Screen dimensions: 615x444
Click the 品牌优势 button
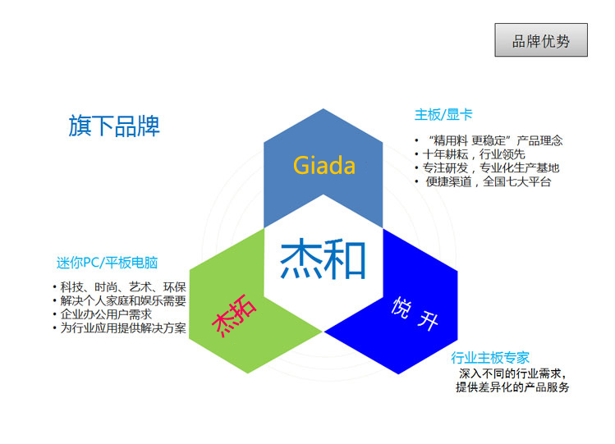[541, 40]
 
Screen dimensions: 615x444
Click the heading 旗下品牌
[114, 126]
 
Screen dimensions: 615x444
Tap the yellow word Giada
[324, 165]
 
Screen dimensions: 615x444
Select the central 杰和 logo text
[323, 259]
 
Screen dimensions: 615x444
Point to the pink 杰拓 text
[234, 316]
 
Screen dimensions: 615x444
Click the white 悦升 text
[415, 314]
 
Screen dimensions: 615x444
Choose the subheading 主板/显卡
[443, 115]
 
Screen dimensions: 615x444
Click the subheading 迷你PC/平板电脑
[107, 263]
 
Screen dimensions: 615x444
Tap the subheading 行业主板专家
[490, 357]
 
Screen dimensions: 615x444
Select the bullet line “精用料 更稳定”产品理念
[495, 140]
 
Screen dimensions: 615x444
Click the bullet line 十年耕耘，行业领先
[474, 154]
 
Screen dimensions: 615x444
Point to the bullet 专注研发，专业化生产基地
[491, 167]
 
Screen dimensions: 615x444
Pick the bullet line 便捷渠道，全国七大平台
[489, 181]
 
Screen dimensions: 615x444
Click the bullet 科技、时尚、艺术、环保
[123, 287]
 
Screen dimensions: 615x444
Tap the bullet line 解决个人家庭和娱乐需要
[123, 300]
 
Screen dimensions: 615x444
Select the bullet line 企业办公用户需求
[106, 314]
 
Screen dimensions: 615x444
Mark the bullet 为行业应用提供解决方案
[123, 328]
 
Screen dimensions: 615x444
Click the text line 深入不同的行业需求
[512, 373]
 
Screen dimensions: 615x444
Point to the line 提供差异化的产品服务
[512, 387]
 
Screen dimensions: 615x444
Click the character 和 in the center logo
[345, 259]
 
